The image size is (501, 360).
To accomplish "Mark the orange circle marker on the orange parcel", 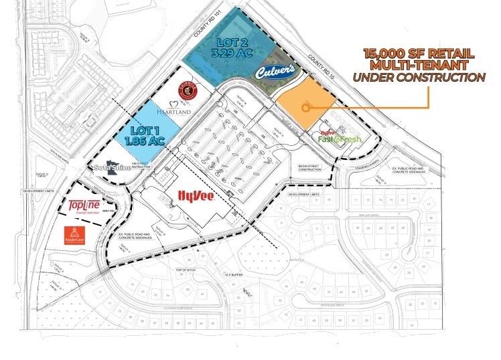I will [305, 106].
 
